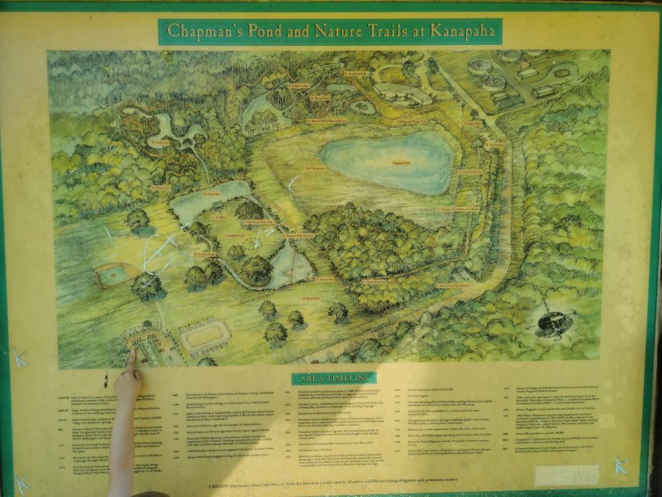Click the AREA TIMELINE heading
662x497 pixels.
[334, 379]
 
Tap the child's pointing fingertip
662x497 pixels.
[131, 355]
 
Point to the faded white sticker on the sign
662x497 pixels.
[566, 475]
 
